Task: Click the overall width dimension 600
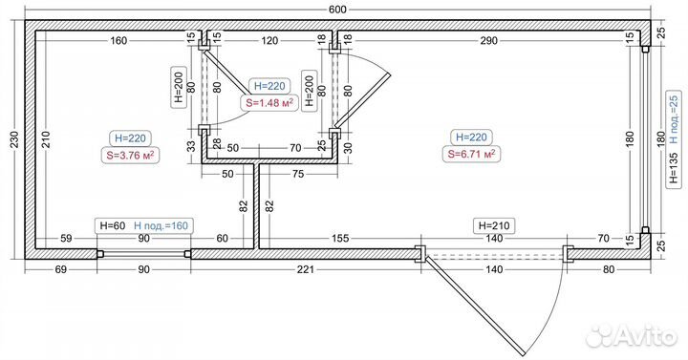337,10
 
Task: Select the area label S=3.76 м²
130,156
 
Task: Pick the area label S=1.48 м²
267,103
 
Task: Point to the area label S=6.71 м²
472,154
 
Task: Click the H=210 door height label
494,225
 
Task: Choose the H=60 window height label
113,225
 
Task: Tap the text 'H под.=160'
161,225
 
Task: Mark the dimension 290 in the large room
489,41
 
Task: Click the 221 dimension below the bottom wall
306,269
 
